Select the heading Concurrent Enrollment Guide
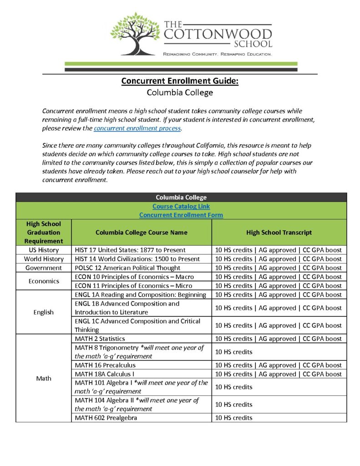click(180, 81)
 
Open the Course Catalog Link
click(181, 206)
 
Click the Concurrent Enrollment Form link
click(181, 215)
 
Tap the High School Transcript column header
click(279, 233)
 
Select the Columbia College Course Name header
click(142, 233)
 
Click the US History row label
click(44, 250)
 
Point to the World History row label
click(44, 259)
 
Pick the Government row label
click(44, 268)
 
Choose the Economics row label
click(44, 281)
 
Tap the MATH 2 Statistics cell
click(100, 339)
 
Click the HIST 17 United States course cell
click(130, 250)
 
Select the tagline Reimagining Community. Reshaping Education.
click(218, 54)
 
